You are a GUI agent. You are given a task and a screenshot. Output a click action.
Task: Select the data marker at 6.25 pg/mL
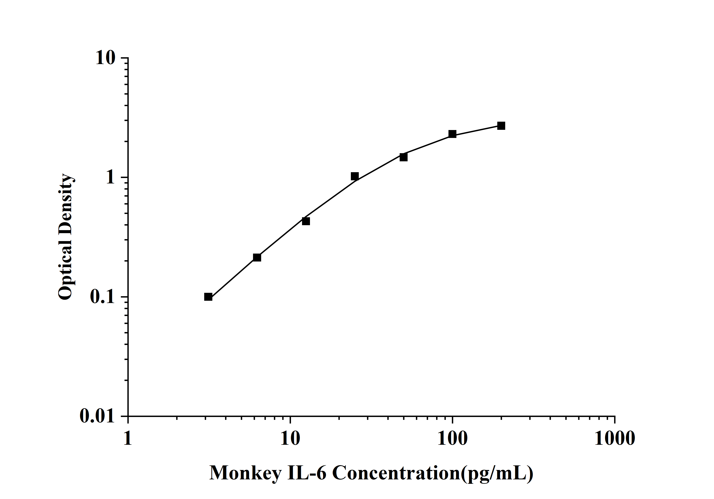pyautogui.click(x=257, y=257)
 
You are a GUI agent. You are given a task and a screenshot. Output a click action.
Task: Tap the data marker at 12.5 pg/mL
pyautogui.click(x=306, y=221)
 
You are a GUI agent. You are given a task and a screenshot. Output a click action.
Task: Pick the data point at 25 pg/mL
pyautogui.click(x=355, y=176)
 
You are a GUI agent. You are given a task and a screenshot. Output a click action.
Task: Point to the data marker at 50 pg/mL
pyautogui.click(x=403, y=157)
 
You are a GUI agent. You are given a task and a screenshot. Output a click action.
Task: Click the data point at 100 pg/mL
pyautogui.click(x=452, y=134)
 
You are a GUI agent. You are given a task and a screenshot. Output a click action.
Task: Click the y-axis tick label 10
pyautogui.click(x=105, y=58)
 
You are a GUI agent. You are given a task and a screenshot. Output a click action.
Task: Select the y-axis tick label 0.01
pyautogui.click(x=97, y=416)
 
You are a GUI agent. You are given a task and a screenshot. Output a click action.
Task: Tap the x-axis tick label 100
pyautogui.click(x=452, y=439)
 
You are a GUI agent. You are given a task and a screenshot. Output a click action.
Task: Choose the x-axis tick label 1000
pyautogui.click(x=615, y=439)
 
